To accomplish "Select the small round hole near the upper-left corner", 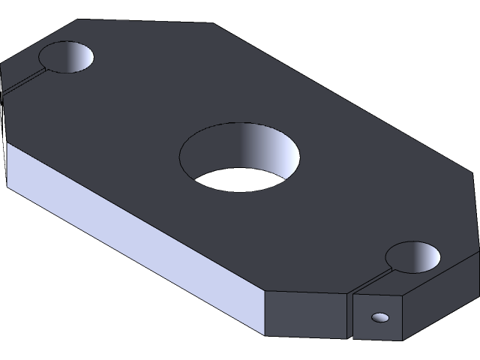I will (x=67, y=57).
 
